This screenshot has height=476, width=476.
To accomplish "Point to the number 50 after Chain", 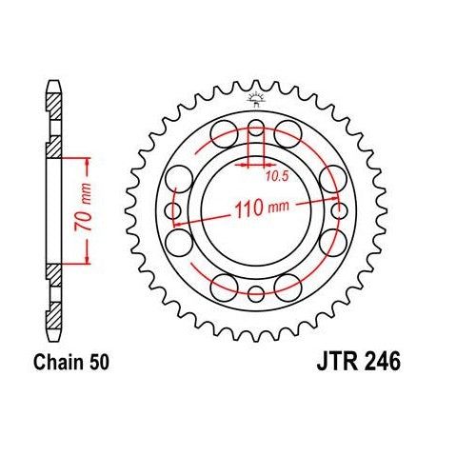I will (97, 363).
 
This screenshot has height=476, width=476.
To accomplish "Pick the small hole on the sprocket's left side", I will (172, 210).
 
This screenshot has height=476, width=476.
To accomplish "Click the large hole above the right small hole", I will (333, 177).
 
